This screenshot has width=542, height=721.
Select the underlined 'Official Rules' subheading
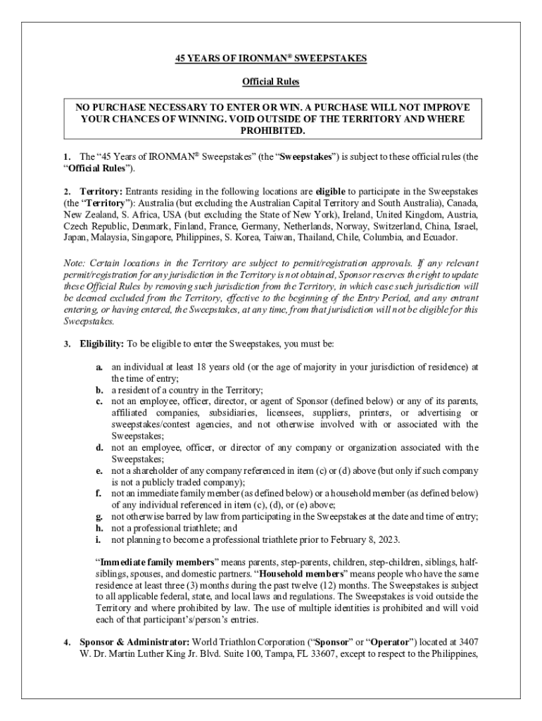coord(271,82)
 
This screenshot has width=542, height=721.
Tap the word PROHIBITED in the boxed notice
coord(273,131)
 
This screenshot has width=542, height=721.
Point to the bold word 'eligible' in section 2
coord(329,191)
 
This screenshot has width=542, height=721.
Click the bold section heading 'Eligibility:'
coord(101,344)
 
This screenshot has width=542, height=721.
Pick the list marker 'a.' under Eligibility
coord(101,367)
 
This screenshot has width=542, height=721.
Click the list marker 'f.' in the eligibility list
coord(100,493)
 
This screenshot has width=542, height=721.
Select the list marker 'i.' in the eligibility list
coord(100,539)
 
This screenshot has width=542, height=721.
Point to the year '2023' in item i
coord(388,539)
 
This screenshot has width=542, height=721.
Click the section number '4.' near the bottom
coord(67,642)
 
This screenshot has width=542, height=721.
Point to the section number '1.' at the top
coord(67,156)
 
